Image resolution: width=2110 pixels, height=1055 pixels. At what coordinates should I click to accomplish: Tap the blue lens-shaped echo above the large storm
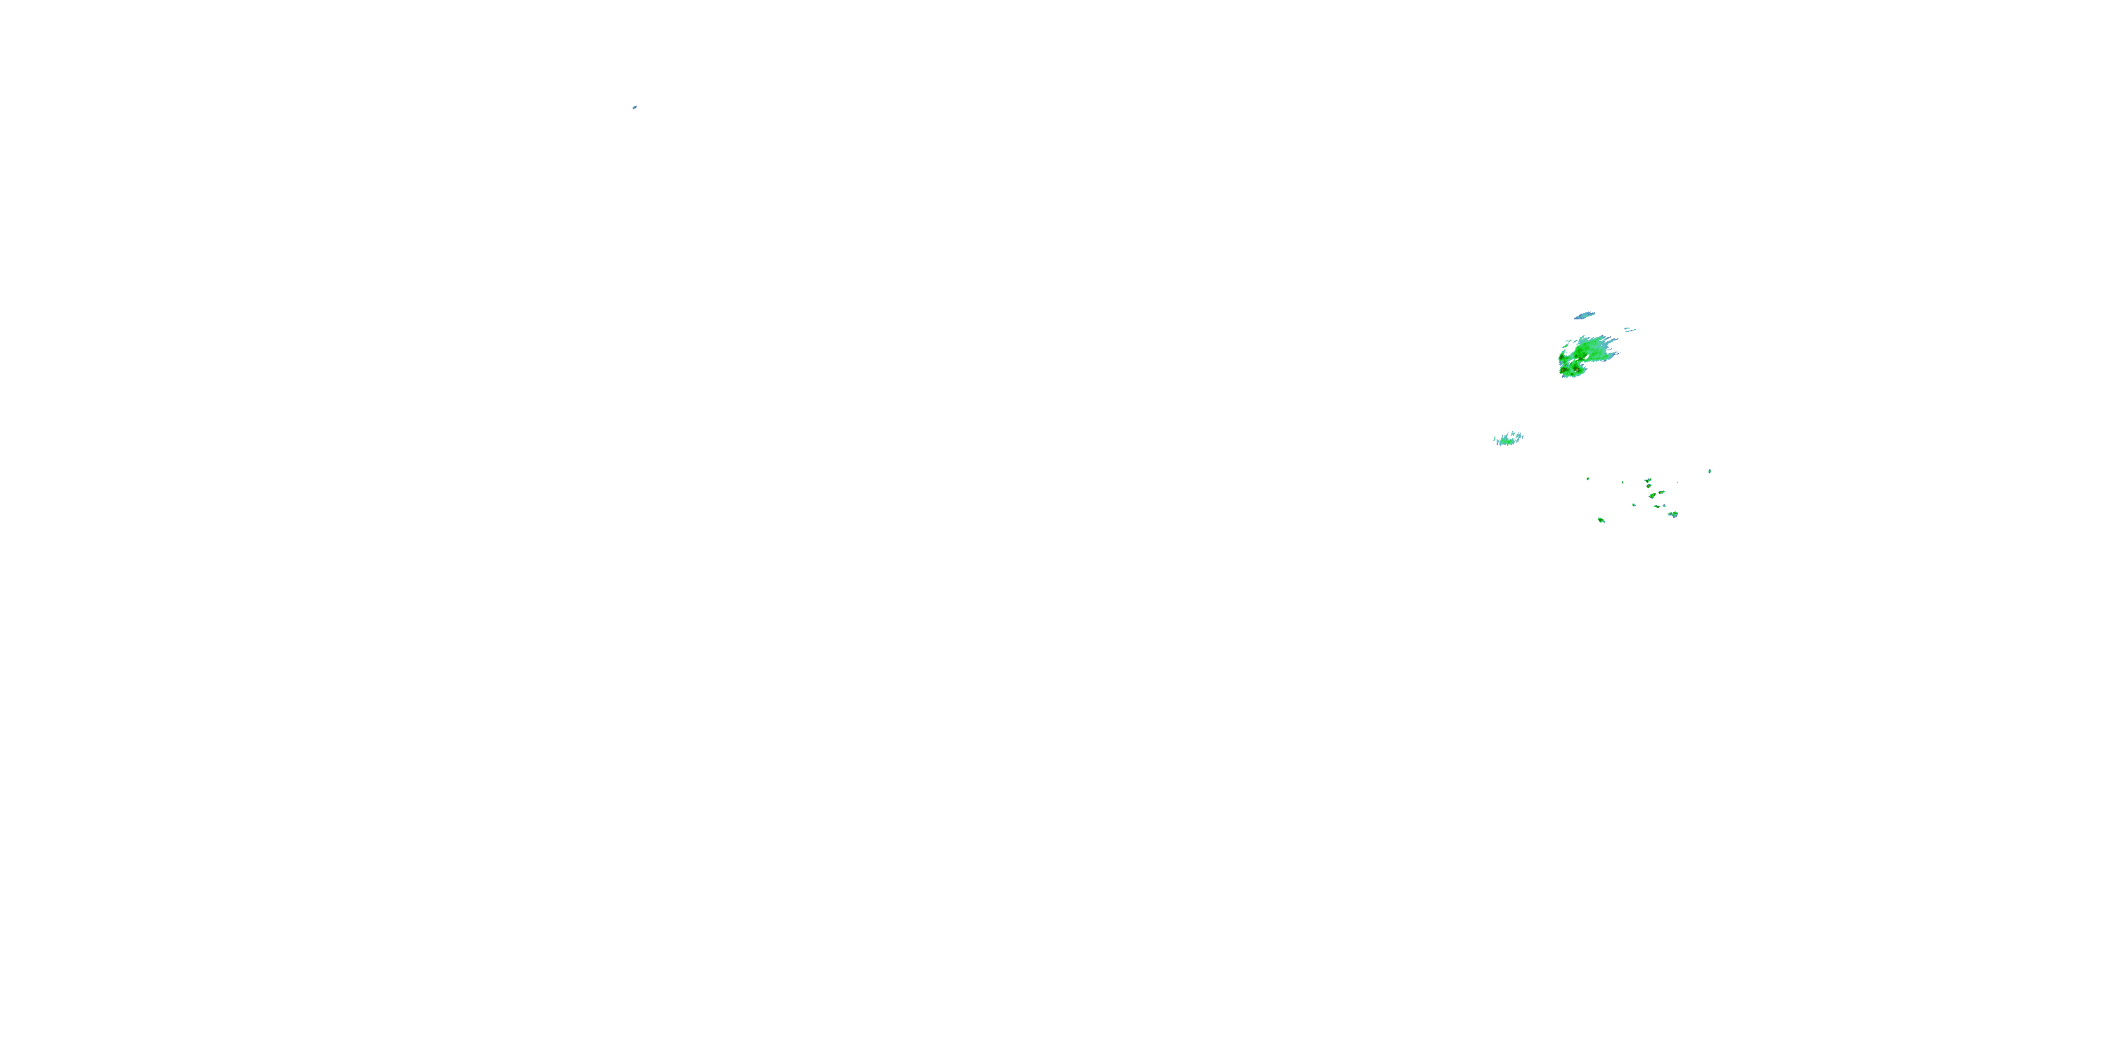click(1585, 315)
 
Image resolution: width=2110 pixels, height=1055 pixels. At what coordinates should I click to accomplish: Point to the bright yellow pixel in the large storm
click(1562, 372)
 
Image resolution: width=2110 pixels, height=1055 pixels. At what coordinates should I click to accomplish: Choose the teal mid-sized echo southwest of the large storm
click(1508, 439)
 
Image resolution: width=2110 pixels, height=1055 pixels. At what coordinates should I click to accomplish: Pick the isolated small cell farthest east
click(1711, 471)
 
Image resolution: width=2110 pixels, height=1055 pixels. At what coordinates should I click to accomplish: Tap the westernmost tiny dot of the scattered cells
click(1588, 479)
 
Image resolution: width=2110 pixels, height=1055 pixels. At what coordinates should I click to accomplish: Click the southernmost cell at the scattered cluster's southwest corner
click(1601, 520)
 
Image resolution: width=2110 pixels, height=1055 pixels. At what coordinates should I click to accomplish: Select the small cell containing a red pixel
click(1662, 492)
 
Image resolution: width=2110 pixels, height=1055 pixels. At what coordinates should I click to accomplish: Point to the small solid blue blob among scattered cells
click(1664, 506)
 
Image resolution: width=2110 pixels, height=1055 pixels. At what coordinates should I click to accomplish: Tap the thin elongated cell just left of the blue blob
click(1657, 506)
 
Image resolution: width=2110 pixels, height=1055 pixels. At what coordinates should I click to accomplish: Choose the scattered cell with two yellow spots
click(1653, 496)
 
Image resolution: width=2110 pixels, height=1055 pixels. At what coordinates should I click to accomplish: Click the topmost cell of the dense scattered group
click(1648, 481)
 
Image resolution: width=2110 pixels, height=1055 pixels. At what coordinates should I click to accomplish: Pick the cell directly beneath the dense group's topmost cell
click(1649, 486)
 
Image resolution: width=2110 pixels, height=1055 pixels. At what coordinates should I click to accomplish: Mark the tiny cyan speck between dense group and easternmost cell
click(1677, 482)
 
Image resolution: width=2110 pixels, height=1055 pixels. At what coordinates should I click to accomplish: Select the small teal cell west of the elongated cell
click(1634, 506)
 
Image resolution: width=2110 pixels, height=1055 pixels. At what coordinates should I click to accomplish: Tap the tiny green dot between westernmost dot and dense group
click(1623, 482)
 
